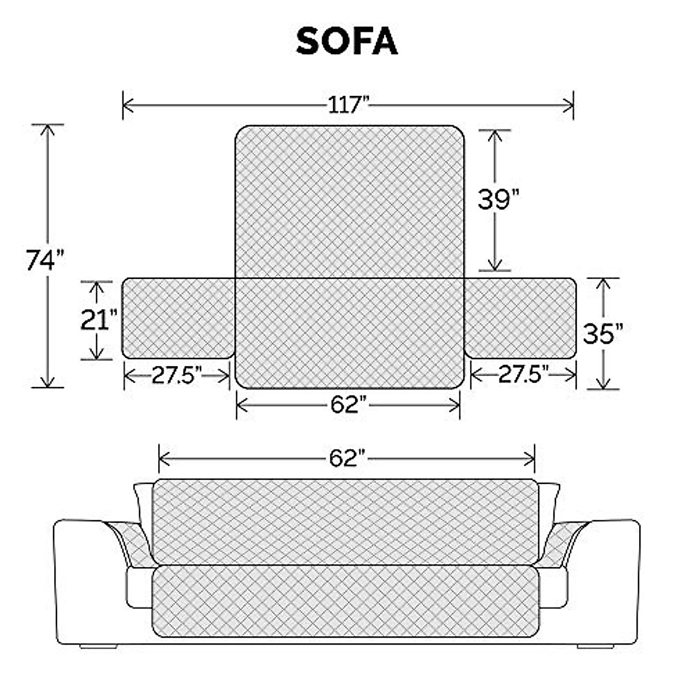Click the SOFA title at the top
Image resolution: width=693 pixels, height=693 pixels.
coord(346,42)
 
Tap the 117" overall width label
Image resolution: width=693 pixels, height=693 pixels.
coord(348,106)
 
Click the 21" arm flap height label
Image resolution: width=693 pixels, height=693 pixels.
coord(98,319)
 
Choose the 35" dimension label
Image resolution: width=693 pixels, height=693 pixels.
coord(603,333)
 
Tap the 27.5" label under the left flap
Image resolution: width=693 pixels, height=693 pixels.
coord(177,375)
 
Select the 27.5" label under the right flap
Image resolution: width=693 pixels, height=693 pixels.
coord(523,375)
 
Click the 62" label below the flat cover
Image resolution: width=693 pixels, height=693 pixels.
coord(349,405)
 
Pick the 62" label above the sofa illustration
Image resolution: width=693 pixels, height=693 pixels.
coord(348,459)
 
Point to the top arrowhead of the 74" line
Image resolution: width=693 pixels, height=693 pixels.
coord(48,129)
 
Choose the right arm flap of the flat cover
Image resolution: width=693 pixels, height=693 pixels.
coord(520,318)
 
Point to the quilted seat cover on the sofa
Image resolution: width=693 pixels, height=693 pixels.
coord(345,601)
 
